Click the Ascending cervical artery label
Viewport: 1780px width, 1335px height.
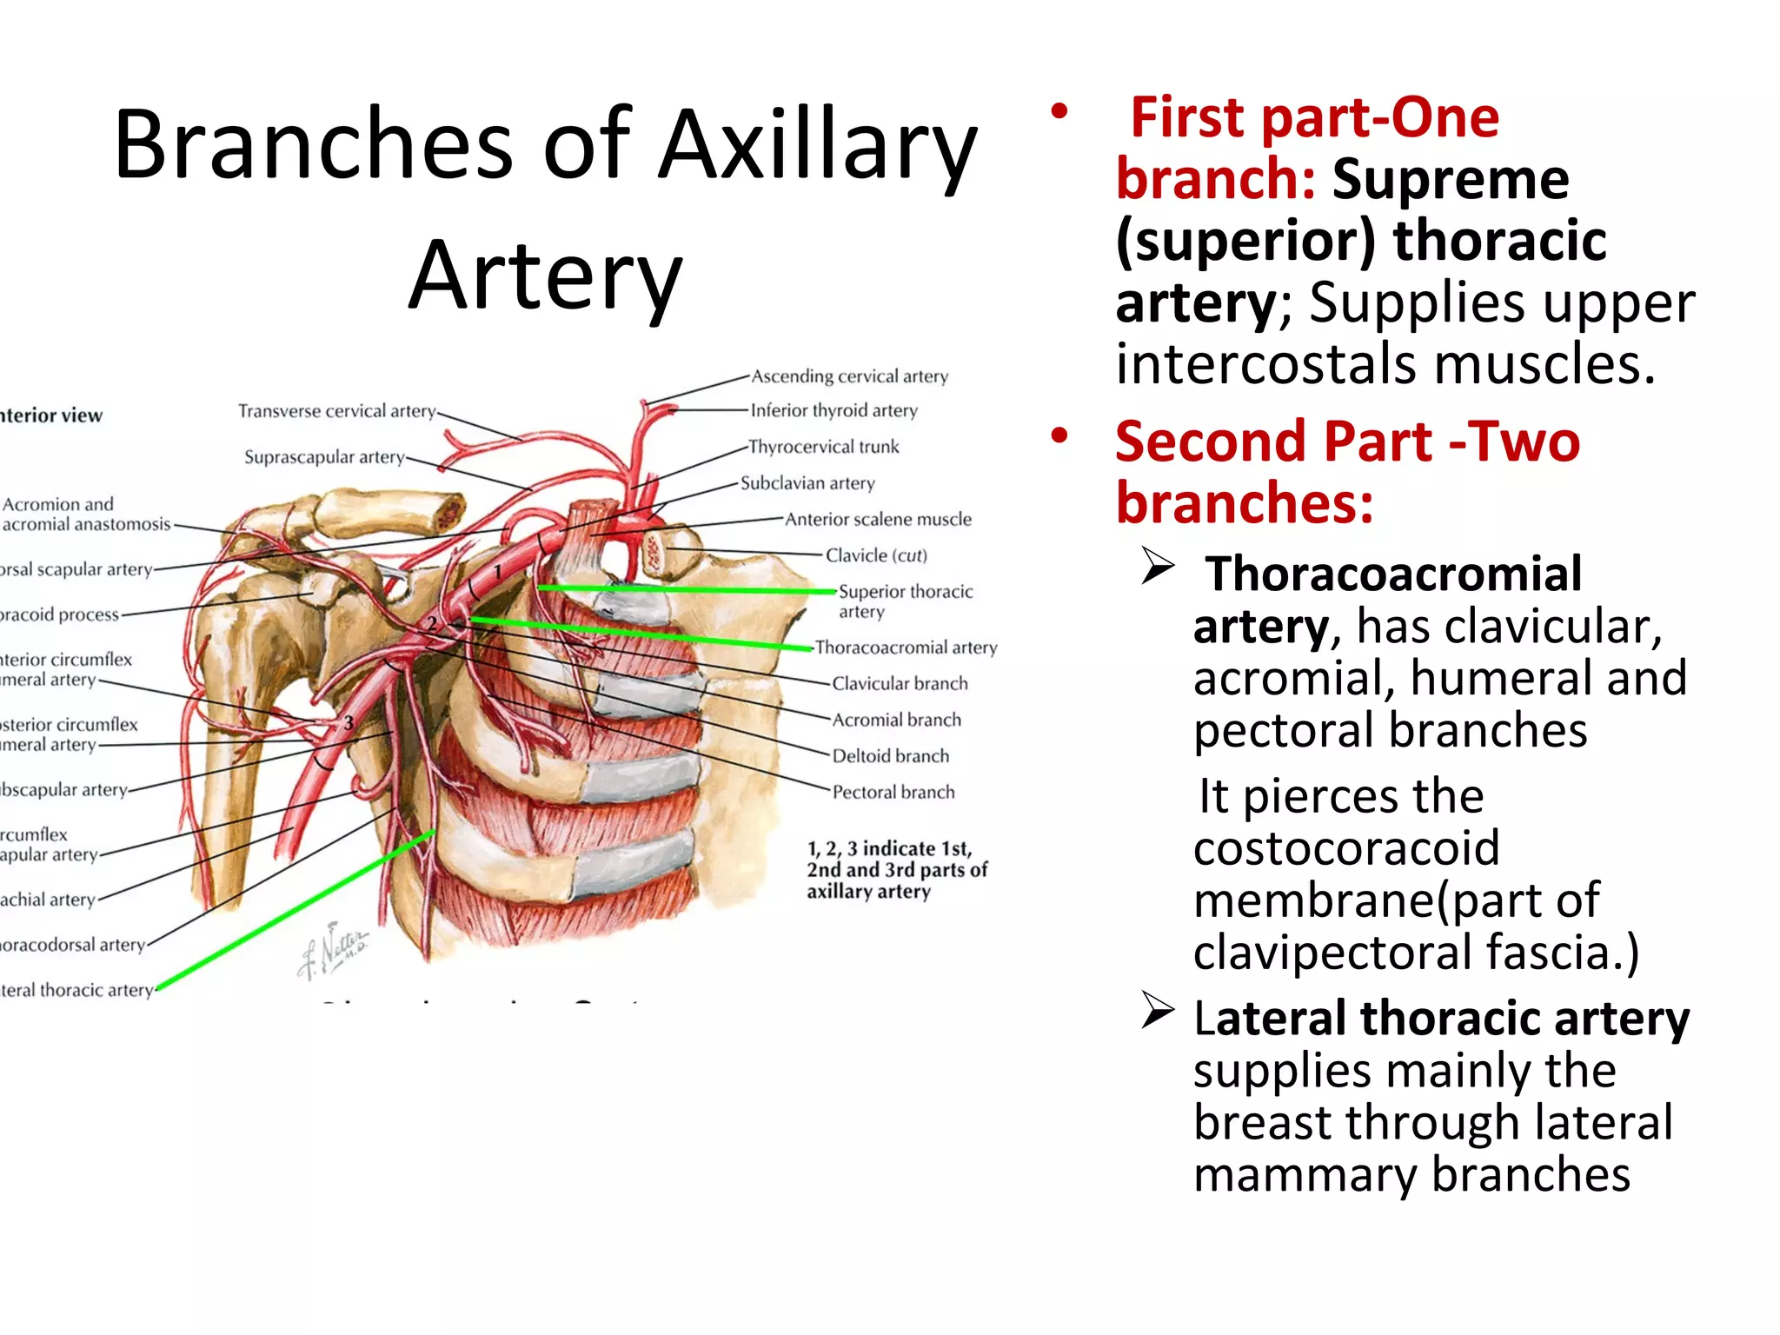[x=849, y=376]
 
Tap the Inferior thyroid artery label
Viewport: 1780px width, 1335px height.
[x=834, y=410]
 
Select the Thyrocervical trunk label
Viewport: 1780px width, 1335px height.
[x=823, y=447]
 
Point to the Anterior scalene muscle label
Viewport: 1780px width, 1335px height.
[x=878, y=519]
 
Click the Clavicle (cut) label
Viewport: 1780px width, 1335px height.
[x=876, y=555]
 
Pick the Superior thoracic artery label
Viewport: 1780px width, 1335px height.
[x=905, y=601]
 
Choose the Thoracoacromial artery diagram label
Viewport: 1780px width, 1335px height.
[x=906, y=648]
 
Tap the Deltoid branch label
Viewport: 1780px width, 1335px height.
[x=890, y=756]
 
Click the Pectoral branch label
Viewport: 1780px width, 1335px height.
[x=893, y=792]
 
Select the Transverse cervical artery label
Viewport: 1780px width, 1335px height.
[x=337, y=411]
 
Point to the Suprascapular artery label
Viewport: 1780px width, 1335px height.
[x=324, y=457]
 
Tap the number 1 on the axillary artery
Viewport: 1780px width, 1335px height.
[x=498, y=572]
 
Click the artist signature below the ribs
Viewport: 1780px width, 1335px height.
[x=335, y=949]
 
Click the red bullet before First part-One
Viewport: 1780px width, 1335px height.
[x=1058, y=111]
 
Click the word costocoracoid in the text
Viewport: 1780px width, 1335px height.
[x=1345, y=848]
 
